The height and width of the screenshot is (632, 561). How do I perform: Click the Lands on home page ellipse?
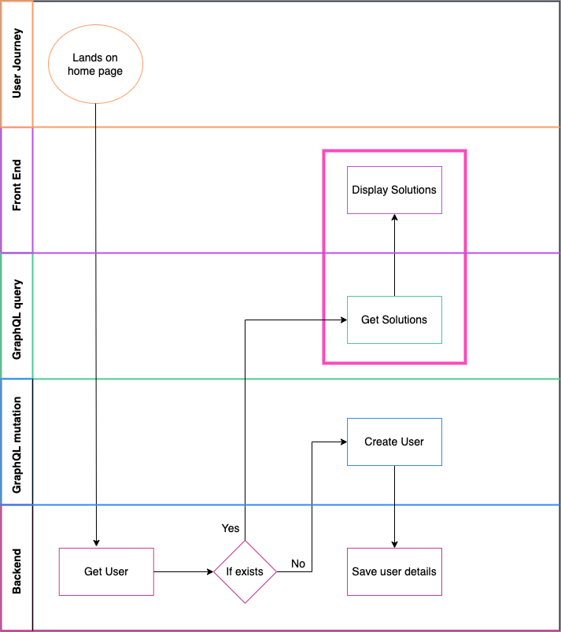click(95, 64)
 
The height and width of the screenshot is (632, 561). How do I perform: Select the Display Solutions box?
click(394, 190)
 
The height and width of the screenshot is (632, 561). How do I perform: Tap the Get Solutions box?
click(394, 320)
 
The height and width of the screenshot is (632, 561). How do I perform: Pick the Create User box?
click(394, 442)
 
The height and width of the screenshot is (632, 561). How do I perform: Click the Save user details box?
click(394, 571)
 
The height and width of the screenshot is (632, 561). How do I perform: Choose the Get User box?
click(106, 571)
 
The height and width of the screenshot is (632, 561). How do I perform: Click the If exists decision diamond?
click(245, 571)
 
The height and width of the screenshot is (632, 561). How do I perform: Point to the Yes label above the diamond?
click(231, 528)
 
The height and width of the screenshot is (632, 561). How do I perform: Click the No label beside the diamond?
click(298, 564)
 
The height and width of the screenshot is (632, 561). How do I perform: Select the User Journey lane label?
click(17, 64)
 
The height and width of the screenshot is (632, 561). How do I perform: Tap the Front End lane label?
click(17, 190)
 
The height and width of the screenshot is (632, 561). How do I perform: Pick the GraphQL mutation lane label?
click(17, 442)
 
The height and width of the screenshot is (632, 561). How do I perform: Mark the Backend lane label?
click(17, 567)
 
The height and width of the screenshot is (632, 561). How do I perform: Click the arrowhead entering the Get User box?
click(95, 543)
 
